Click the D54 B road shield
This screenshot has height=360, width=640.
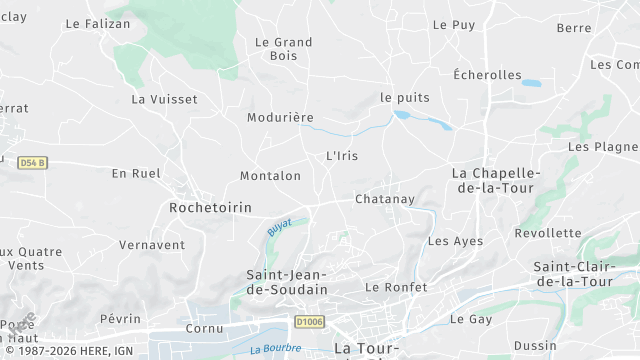(32, 162)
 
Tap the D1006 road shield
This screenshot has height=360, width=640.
(309, 321)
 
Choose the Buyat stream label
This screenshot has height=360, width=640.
(279, 227)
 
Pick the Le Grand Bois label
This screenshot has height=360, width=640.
(284, 49)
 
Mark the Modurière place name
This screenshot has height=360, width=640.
(280, 117)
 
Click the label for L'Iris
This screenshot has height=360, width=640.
(342, 156)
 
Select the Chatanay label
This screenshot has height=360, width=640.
(385, 199)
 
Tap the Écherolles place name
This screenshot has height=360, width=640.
(487, 75)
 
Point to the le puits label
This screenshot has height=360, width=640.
(404, 97)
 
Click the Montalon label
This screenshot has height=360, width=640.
(270, 176)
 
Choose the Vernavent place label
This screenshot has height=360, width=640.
(152, 245)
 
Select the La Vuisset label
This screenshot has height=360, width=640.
(164, 99)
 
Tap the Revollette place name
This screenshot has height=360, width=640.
(548, 233)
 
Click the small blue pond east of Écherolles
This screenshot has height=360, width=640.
(530, 83)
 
